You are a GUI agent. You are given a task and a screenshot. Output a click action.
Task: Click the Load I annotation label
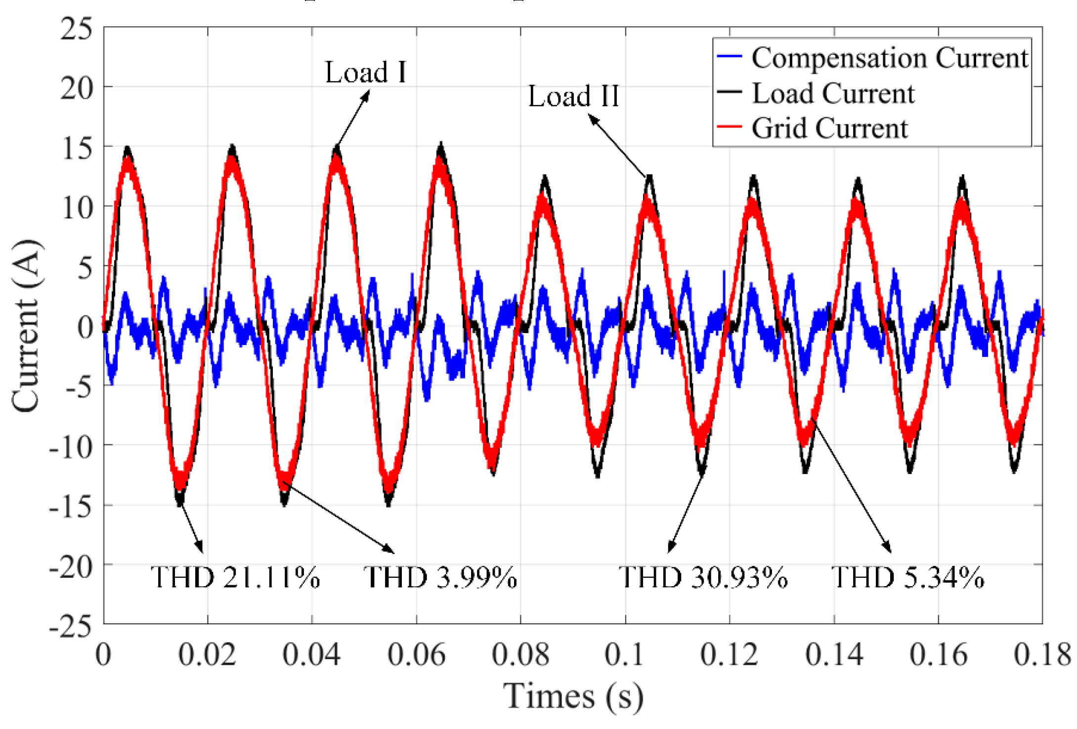point(365,73)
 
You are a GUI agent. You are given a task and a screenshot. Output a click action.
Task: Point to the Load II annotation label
point(573,96)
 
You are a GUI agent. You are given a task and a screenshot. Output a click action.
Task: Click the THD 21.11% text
point(235,577)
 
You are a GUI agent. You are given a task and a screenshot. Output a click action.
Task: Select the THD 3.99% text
point(440,577)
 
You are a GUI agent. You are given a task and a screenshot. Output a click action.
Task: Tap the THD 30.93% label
point(703,577)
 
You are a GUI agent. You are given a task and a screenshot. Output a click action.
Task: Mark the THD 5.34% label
point(908,577)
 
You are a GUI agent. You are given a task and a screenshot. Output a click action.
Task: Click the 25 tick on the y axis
point(76,29)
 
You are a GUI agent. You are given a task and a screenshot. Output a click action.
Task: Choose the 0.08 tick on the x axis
point(520,655)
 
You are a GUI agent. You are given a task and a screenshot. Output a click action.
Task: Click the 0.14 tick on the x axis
point(834,655)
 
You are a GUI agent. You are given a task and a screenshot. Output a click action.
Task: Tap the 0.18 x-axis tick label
point(1042,655)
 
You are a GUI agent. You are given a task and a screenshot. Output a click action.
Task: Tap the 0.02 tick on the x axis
point(207,655)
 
